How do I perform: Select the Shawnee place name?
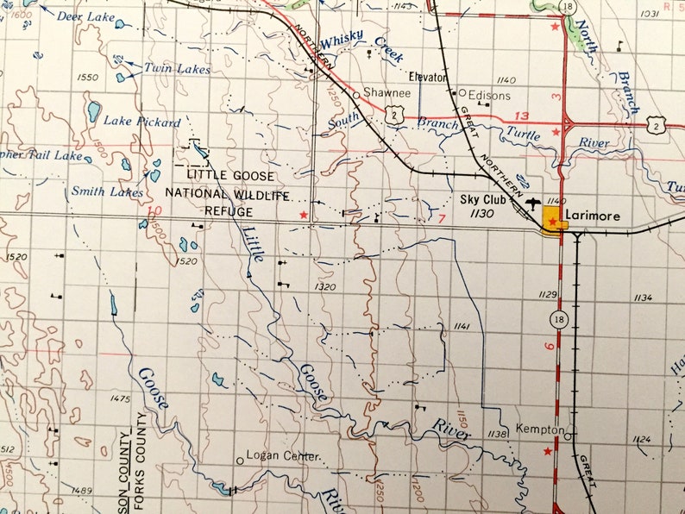382,92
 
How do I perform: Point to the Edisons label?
489,95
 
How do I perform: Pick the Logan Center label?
284,455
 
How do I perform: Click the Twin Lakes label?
177,69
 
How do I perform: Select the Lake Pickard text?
142,122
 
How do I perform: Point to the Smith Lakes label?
107,192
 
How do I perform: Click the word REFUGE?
229,211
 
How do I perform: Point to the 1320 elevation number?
325,287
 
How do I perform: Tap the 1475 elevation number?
120,398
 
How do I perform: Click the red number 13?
520,116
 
